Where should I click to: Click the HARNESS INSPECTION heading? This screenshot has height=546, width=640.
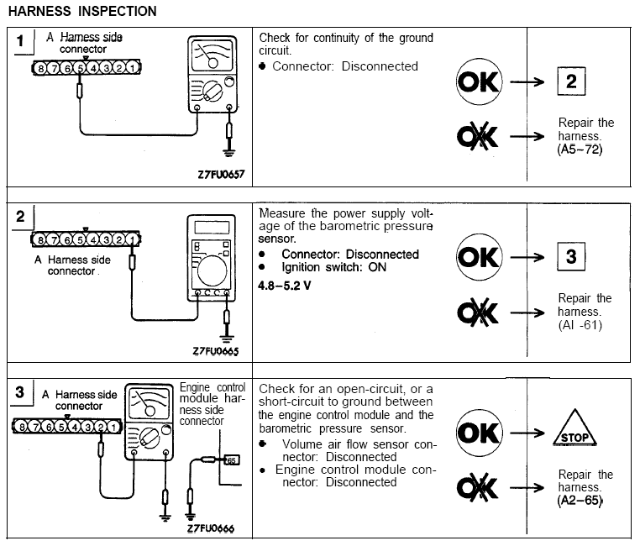[82, 11]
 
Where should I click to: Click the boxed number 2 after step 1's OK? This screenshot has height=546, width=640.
[571, 81]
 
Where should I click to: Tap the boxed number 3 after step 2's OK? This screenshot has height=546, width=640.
[571, 257]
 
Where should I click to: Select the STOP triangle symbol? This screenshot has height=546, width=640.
[574, 428]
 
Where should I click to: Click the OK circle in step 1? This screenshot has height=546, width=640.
[479, 81]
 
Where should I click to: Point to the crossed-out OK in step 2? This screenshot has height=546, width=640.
[478, 312]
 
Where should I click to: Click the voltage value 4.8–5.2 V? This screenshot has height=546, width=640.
[285, 286]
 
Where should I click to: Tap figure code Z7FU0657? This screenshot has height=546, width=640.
[221, 175]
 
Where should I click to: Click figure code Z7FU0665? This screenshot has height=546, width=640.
[216, 351]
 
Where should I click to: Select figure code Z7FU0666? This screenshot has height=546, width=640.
[211, 528]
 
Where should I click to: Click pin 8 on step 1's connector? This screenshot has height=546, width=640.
[40, 68]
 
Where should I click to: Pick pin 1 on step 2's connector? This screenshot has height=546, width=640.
[131, 239]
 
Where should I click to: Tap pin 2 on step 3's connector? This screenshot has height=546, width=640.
[101, 427]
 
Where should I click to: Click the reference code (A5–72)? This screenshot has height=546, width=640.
[580, 150]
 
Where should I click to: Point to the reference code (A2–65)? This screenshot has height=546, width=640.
[580, 501]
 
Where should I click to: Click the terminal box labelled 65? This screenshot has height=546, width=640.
[232, 460]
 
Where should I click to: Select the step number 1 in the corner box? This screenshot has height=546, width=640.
[20, 41]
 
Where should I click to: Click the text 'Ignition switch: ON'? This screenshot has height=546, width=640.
[334, 267]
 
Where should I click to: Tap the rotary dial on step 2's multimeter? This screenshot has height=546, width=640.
[212, 270]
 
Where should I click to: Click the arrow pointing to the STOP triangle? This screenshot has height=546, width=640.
[527, 433]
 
